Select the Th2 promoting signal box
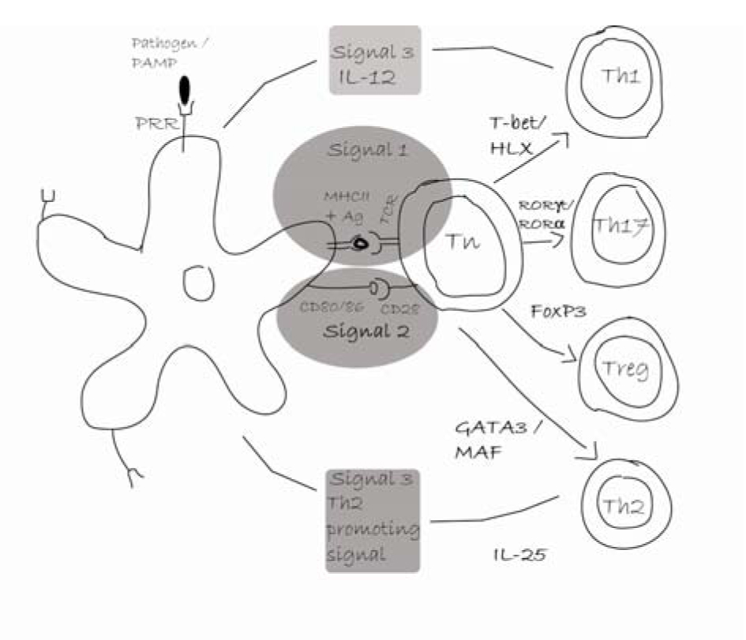click(x=373, y=520)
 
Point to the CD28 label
click(x=401, y=309)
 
